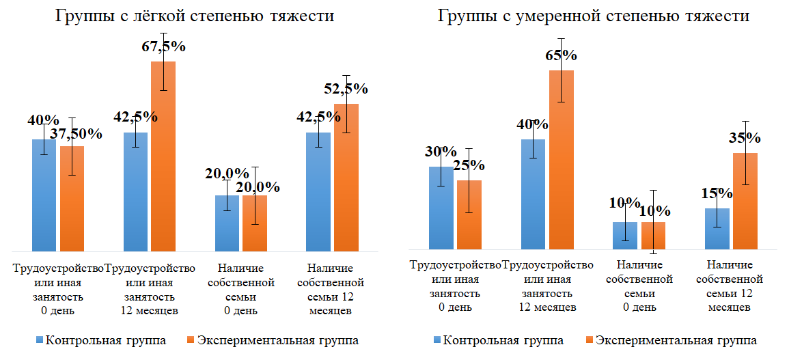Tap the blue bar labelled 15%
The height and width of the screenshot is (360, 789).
717,229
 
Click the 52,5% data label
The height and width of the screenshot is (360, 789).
346,89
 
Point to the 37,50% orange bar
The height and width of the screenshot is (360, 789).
72,198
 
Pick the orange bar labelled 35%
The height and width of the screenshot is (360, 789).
745,202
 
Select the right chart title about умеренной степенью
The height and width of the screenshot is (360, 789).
593,16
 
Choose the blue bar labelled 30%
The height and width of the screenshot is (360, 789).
441,208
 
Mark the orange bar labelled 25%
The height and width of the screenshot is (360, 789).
469,214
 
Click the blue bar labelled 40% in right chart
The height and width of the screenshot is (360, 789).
533,194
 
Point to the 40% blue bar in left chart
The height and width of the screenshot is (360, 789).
44,195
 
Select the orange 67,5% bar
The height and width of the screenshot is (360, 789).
163,157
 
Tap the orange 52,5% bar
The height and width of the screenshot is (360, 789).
346,178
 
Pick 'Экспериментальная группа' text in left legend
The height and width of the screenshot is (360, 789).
277,340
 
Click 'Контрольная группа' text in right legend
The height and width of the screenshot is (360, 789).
504,340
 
